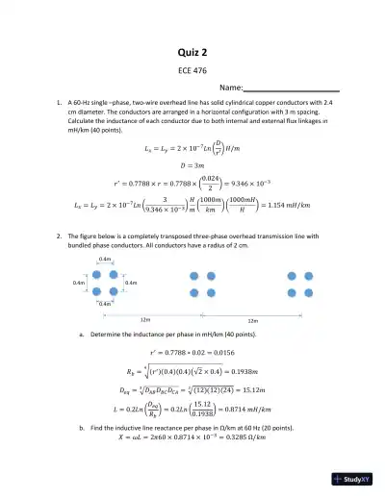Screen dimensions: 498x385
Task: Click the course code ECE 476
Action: point(193,70)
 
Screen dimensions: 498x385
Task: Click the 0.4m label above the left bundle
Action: point(106,261)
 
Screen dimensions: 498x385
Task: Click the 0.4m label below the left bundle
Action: point(106,304)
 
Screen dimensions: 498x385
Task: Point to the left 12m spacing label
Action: point(145,318)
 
